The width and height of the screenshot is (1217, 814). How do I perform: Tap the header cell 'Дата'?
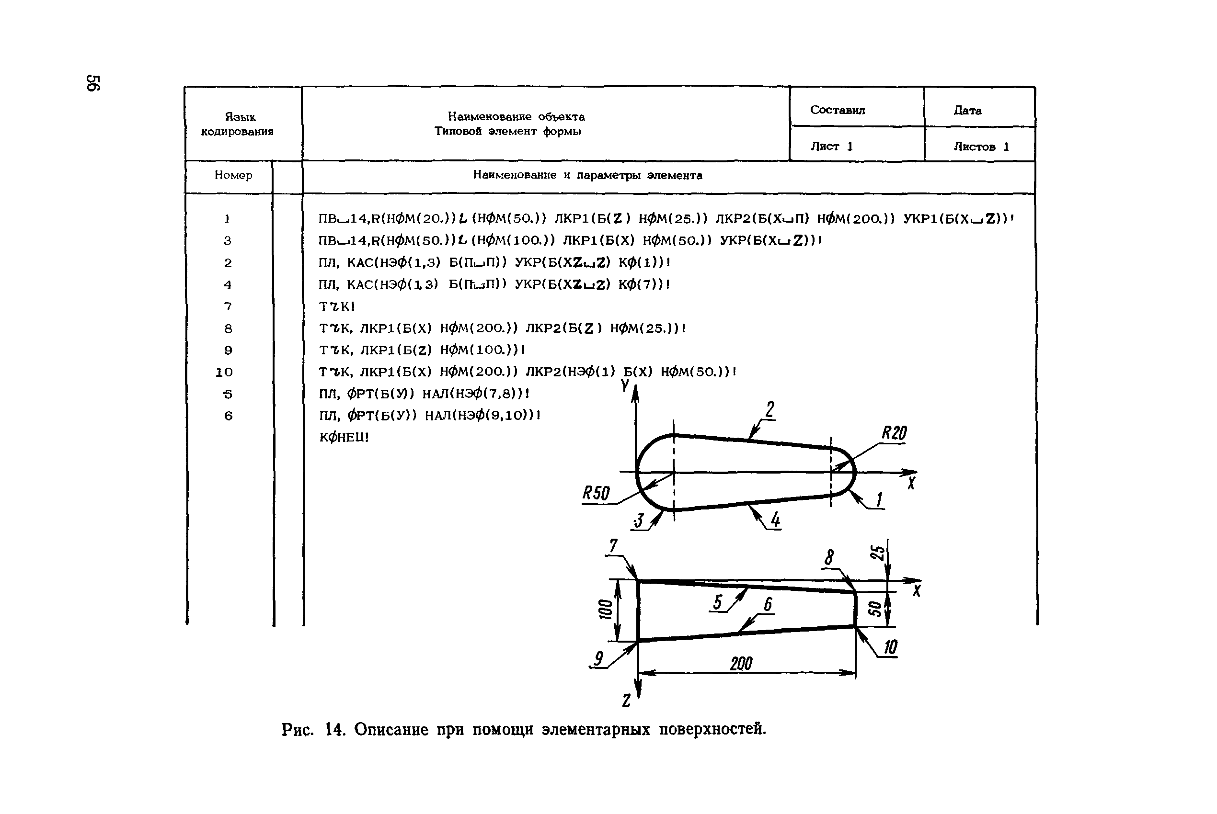[x=967, y=111]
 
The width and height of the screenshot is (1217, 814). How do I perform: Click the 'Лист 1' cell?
[x=832, y=147]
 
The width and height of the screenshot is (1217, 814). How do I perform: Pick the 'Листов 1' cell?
[x=981, y=147]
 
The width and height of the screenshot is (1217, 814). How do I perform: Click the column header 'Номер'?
[x=233, y=175]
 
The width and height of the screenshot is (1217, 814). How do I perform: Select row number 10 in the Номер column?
[x=224, y=372]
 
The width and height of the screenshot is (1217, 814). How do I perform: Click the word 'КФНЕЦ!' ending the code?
[x=344, y=438]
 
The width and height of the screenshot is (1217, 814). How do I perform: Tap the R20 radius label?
[x=894, y=433]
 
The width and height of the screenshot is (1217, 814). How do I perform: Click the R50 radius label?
[x=596, y=493]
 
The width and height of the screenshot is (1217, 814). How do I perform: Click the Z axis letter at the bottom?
[x=626, y=701]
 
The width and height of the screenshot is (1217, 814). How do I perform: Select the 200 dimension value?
[x=741, y=664]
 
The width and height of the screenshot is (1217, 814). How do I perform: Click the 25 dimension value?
[x=877, y=553]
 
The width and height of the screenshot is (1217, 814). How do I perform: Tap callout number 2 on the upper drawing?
[x=770, y=410]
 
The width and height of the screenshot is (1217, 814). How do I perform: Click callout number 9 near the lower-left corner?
[x=598, y=658]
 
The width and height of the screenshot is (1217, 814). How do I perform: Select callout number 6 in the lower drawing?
[x=768, y=604]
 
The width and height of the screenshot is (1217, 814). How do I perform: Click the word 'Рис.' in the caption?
[x=297, y=729]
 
